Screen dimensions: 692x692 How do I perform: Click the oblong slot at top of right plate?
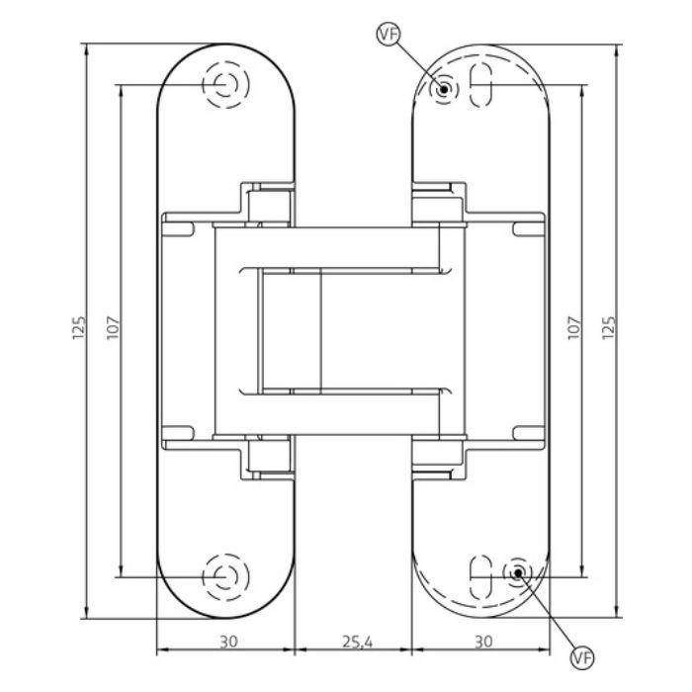point(482,86)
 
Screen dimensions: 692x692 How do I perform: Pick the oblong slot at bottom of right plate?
point(481,572)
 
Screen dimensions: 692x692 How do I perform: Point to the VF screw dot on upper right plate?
point(445,90)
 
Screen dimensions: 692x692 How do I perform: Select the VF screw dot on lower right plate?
point(516,572)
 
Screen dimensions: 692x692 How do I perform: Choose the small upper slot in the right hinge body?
point(531,229)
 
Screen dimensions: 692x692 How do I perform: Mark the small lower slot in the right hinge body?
point(531,431)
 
